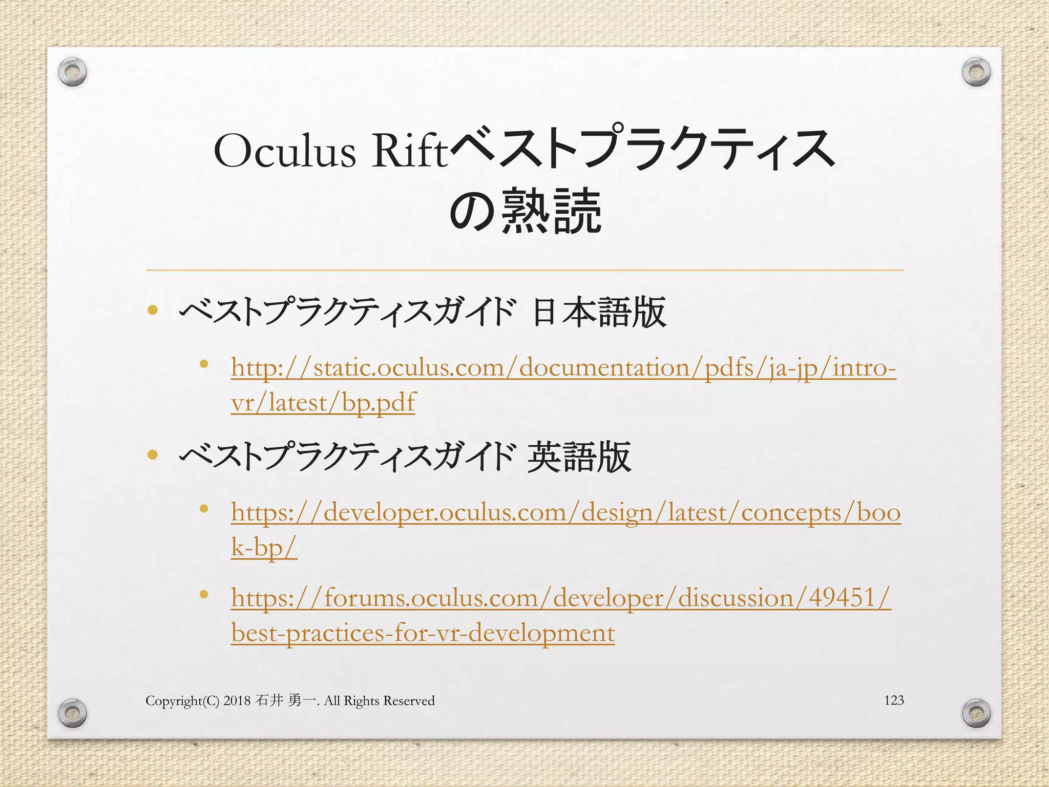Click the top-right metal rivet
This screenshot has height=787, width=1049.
pyautogui.click(x=976, y=72)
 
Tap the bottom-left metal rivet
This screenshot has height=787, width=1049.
pyautogui.click(x=72, y=712)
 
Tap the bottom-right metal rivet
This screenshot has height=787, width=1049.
pyautogui.click(x=976, y=713)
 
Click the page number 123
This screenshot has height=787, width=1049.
pyautogui.click(x=894, y=700)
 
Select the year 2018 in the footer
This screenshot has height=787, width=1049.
pyautogui.click(x=237, y=700)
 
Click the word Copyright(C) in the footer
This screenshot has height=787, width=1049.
pyautogui.click(x=182, y=701)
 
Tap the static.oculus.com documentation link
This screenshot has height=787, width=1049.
pyautogui.click(x=563, y=368)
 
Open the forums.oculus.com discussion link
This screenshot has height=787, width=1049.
pyautogui.click(x=561, y=598)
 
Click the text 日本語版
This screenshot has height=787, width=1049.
pyautogui.click(x=599, y=312)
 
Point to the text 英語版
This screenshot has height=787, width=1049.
pyautogui.click(x=579, y=457)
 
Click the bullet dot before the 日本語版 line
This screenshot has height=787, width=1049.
pyautogui.click(x=152, y=310)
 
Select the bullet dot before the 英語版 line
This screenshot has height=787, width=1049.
pyautogui.click(x=152, y=454)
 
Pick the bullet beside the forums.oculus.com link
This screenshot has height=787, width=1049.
pyautogui.click(x=204, y=595)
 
